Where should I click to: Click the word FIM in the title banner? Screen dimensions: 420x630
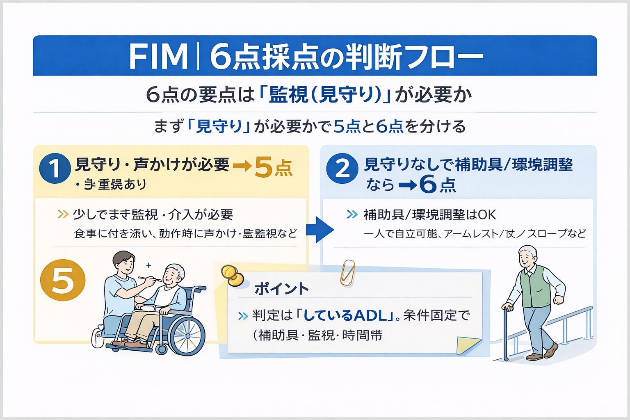coord(158,56)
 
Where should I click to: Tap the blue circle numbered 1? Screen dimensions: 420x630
coord(55,168)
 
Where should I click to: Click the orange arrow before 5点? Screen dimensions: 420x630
coord(242,167)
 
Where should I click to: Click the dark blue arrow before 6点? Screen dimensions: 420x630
coord(407,185)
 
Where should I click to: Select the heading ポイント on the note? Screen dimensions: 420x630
coord(281,289)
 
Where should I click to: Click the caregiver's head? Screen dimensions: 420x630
coord(123,262)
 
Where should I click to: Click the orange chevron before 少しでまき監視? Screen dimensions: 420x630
coord(63,214)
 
